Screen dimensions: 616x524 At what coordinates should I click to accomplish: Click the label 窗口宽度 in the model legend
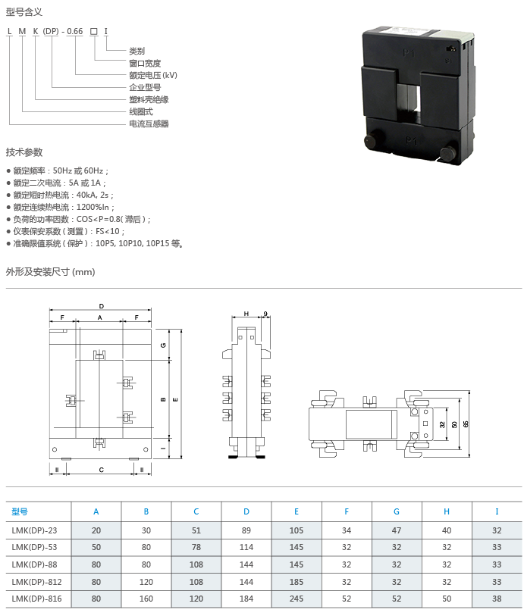[145, 64]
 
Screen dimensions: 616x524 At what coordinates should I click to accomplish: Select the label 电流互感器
[149, 124]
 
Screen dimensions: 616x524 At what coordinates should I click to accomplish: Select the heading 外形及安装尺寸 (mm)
[50, 272]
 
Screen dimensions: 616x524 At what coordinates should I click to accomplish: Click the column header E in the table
[297, 512]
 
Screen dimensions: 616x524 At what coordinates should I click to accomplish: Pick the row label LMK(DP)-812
[36, 582]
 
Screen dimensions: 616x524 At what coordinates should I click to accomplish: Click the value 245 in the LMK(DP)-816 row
[297, 599]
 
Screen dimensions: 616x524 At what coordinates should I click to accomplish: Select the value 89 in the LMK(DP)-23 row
[246, 530]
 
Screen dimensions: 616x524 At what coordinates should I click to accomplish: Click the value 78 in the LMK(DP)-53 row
[196, 548]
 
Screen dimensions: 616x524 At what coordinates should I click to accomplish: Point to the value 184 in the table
[246, 599]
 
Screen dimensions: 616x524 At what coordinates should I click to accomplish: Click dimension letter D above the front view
[101, 306]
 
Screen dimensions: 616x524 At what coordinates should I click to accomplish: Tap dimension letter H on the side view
[246, 313]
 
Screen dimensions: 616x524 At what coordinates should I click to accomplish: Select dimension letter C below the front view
[101, 470]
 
